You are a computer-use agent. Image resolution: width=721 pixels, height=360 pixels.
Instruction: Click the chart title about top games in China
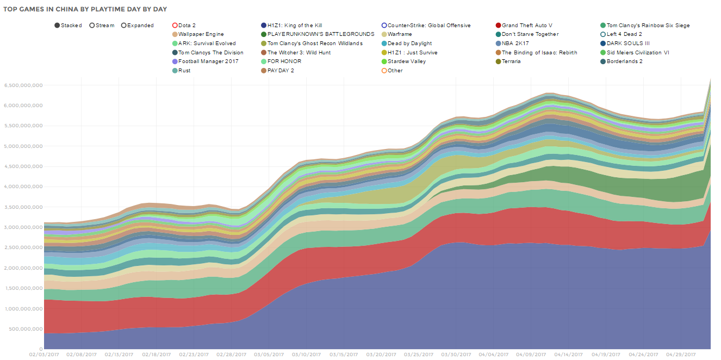(85, 9)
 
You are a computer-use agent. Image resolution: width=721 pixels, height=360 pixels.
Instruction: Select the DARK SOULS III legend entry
(627, 44)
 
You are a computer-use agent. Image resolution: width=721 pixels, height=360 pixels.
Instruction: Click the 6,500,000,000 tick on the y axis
(22, 85)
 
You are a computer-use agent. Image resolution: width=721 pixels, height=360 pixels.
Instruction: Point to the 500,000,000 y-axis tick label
(24, 329)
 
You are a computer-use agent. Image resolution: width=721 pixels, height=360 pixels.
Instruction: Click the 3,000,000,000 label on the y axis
(22, 227)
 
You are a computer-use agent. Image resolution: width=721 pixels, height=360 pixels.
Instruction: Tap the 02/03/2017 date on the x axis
(43, 354)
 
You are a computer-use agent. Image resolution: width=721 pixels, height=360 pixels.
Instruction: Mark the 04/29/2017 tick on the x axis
(681, 354)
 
